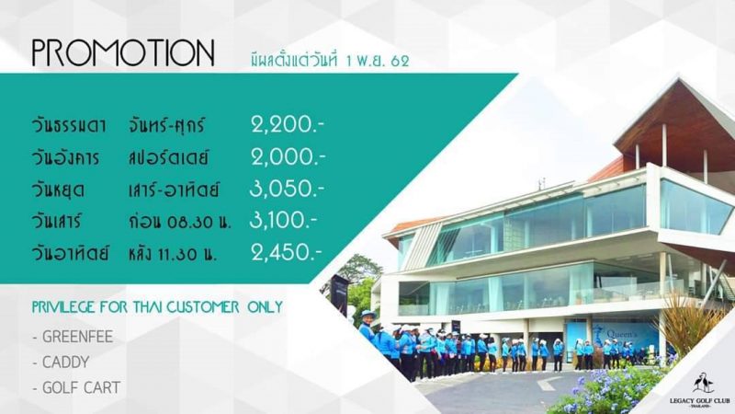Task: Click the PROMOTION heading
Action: [x=123, y=52]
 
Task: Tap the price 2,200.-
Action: [x=288, y=125]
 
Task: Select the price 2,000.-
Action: [x=288, y=156]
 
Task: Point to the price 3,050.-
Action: [x=287, y=189]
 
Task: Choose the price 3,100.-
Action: [x=283, y=220]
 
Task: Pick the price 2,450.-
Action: [x=287, y=252]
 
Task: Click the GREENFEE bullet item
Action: [x=73, y=337]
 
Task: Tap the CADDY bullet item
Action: [x=61, y=362]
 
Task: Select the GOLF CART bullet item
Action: [x=76, y=387]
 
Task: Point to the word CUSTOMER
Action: [x=202, y=307]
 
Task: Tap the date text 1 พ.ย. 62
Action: [x=378, y=61]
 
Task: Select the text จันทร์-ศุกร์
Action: [x=167, y=125]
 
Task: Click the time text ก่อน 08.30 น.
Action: [x=179, y=221]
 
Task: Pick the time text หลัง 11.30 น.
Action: [x=173, y=254]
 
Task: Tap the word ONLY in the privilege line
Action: [x=265, y=307]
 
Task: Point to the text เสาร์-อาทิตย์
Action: [x=174, y=190]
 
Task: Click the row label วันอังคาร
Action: [x=65, y=157]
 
